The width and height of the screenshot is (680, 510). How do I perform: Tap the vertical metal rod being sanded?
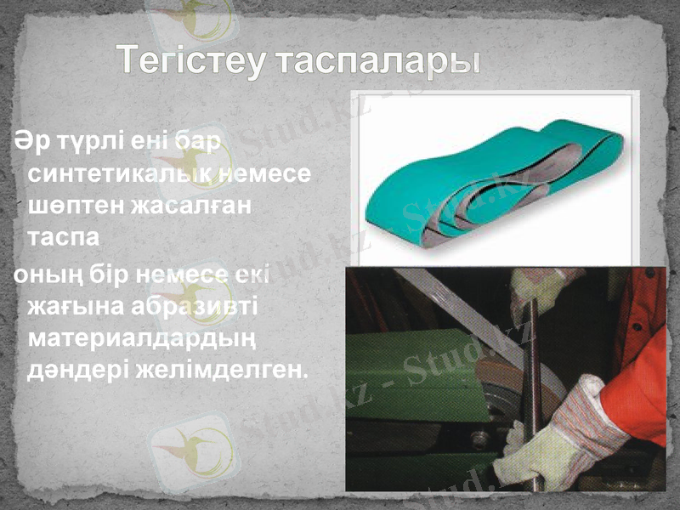pyautogui.click(x=531, y=382)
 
